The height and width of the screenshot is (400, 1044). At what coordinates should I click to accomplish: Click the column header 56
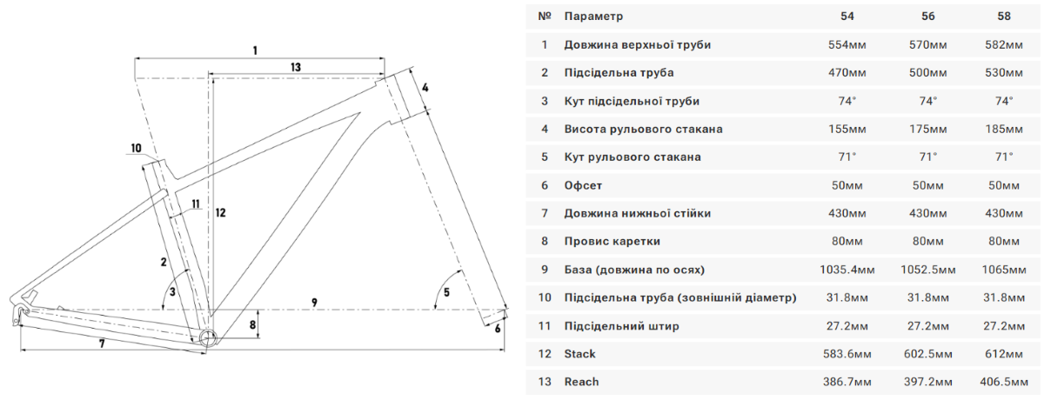pos(928,17)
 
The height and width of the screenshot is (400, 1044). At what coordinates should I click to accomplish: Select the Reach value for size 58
pos(1003,382)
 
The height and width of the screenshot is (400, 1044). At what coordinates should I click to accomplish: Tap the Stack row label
pos(579,354)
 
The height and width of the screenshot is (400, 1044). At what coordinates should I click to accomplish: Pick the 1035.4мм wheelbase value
pos(847,270)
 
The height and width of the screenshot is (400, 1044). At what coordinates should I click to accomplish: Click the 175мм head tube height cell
pos(928,129)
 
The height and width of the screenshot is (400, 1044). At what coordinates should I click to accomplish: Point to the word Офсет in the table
pos(583,185)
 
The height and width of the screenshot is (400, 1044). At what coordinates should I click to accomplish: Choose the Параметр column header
pos(593,17)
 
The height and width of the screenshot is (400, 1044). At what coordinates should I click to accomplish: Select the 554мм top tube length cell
pos(847,44)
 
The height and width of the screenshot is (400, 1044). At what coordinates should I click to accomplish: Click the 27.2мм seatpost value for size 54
pos(847,326)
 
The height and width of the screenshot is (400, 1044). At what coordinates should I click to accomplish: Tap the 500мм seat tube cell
pos(928,73)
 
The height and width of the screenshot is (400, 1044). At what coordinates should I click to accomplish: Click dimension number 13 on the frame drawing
pos(296,67)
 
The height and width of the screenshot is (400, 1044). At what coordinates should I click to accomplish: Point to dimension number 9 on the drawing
pos(315,303)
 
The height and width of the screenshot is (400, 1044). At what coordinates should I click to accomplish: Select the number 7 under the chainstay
pos(102,343)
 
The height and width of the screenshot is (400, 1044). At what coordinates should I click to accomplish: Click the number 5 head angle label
pos(446,292)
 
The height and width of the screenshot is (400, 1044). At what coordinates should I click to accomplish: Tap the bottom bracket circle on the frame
pos(208,338)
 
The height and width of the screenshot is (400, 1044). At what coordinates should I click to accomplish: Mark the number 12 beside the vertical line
pos(220,213)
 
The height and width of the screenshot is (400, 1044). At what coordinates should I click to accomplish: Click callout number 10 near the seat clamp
pos(136,148)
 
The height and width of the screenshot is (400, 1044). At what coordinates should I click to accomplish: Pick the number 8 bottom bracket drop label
pos(252,324)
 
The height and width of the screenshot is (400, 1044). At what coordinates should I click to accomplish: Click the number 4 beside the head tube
pos(425,88)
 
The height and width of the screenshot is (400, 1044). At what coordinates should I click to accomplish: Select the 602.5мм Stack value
pos(928,354)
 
